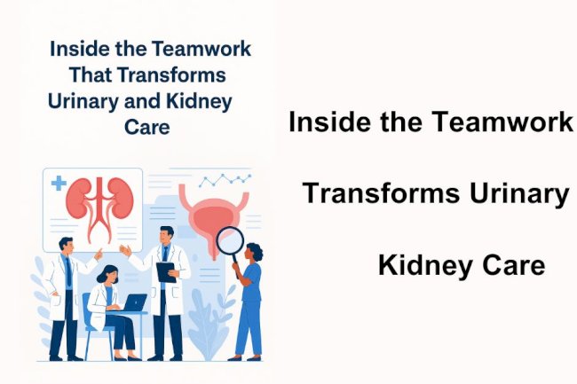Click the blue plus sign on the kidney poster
59,184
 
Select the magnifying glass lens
231,241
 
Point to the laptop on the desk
133,303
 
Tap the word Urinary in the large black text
520,192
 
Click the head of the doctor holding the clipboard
166,237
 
